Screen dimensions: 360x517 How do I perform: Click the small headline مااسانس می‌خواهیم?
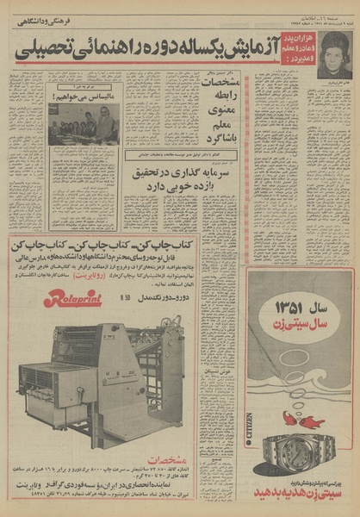(82, 99)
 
